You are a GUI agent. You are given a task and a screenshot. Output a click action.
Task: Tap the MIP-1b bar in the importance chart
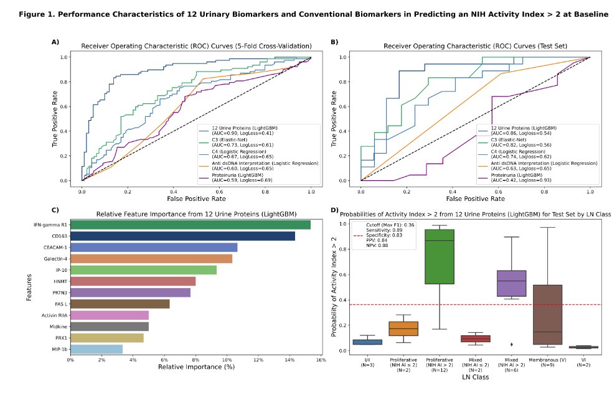point(97,349)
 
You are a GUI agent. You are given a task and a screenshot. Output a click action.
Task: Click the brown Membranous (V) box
point(547,314)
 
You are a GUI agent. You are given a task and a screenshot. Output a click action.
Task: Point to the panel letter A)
point(55,42)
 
